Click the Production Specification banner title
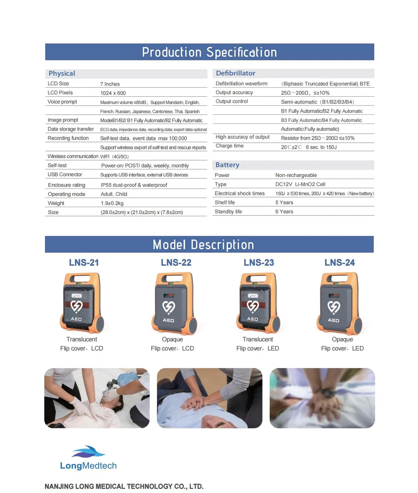[209, 52]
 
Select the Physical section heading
[62, 73]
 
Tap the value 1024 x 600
[113, 93]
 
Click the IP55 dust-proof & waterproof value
[134, 185]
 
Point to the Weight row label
[56, 203]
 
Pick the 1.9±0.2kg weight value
[112, 203]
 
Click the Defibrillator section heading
[235, 73]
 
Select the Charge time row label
[230, 146]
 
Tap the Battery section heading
[227, 165]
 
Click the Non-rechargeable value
[296, 175]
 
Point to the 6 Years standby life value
[284, 212]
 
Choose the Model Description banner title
[203, 245]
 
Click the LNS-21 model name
[84, 263]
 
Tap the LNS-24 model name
[340, 263]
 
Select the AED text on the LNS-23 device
[252, 319]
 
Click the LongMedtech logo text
[88, 466]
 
